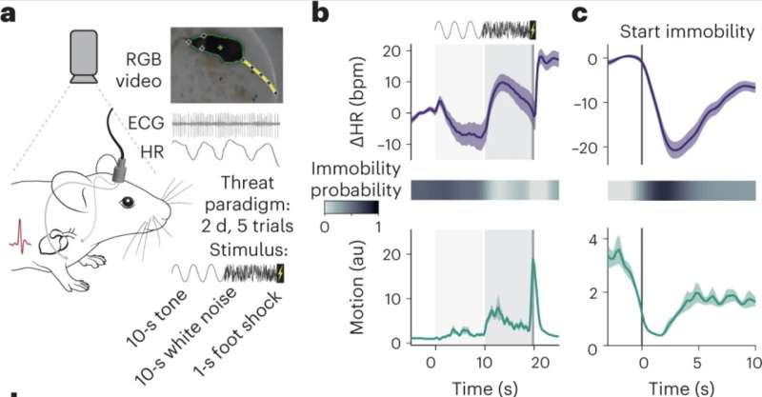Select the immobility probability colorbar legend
pos(351,208)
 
